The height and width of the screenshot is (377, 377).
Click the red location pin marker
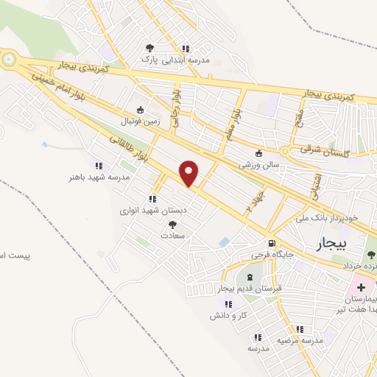click(189, 173)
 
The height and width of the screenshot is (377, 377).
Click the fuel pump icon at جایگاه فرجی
click(272, 244)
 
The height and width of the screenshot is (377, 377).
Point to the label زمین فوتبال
click(139, 120)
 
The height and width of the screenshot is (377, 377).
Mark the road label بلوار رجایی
click(176, 108)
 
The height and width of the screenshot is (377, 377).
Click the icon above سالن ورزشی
click(258, 154)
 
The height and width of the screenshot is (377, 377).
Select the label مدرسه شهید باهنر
click(99, 177)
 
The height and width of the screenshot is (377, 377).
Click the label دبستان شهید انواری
click(154, 210)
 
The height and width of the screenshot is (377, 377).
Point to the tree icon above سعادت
click(173, 225)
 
